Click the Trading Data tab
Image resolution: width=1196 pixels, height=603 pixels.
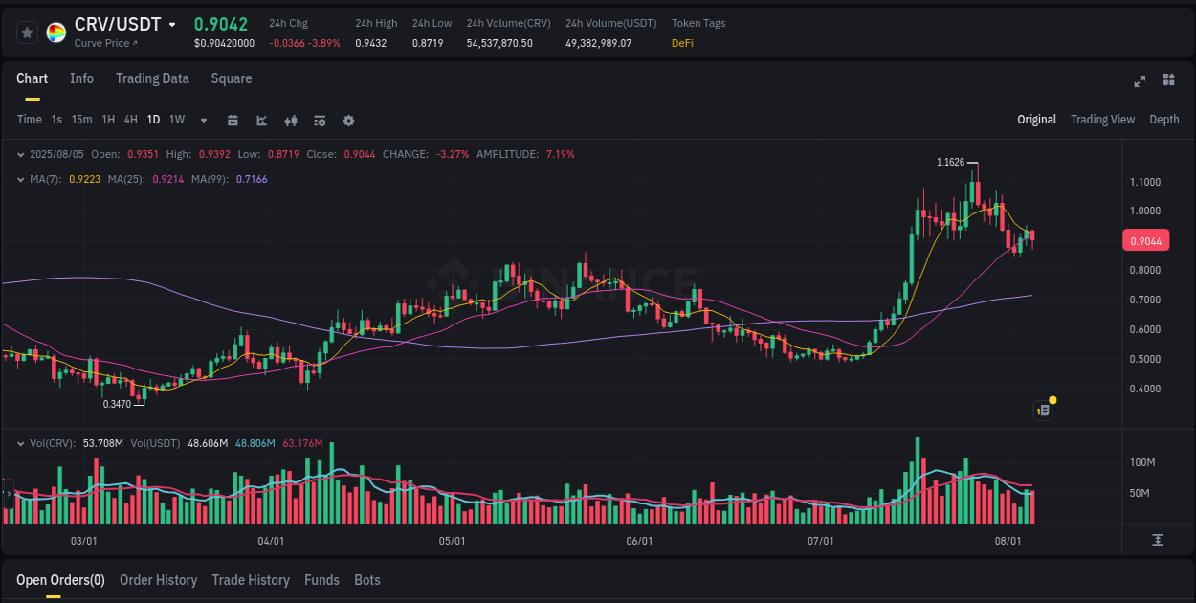[x=152, y=78]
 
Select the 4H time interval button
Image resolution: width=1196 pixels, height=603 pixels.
[x=130, y=120]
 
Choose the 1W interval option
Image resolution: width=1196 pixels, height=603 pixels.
[x=177, y=120]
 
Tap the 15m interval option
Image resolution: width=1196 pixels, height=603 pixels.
[x=82, y=120]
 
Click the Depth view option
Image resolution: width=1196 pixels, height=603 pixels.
[x=1163, y=120]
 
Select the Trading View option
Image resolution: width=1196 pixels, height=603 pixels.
[x=1102, y=120]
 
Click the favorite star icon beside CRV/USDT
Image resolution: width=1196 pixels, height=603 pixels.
[x=28, y=33]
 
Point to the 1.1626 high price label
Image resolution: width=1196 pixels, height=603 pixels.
[x=950, y=162]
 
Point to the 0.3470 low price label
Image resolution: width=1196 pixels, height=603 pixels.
[x=118, y=405]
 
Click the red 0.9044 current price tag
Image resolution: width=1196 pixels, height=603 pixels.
[x=1145, y=241]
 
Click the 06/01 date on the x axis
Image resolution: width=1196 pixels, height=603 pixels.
[x=639, y=541]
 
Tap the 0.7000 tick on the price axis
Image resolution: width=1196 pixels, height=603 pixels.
[x=1144, y=300]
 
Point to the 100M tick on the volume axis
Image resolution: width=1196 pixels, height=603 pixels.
[x=1142, y=462]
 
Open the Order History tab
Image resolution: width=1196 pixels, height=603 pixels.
[x=158, y=580]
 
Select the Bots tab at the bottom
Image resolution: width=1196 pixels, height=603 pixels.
[x=366, y=580]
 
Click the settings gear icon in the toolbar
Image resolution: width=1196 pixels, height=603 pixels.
[x=348, y=121]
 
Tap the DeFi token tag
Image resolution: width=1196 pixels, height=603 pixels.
[x=682, y=43]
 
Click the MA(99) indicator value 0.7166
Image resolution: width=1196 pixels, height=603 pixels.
[x=252, y=179]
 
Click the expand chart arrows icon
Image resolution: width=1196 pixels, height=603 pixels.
[x=1140, y=80]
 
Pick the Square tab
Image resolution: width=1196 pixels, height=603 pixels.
[x=232, y=78]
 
